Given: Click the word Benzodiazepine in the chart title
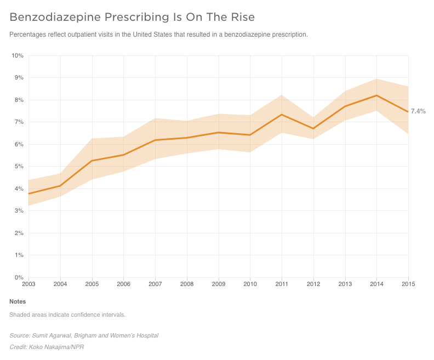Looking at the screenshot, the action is (55, 17).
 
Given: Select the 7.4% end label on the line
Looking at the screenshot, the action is (418, 111).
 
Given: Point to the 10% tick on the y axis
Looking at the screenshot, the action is (18, 56).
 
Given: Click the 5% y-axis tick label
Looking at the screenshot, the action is (19, 167).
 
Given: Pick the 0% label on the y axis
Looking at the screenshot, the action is (19, 277).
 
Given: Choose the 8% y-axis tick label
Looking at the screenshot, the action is (19, 100).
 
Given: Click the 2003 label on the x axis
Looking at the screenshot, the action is (29, 284).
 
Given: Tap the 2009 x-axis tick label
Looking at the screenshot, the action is (219, 284).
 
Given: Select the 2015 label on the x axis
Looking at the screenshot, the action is (408, 284).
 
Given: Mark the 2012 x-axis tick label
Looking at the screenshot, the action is (313, 284).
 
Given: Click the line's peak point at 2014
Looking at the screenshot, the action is (376, 95).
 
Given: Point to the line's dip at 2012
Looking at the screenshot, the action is (313, 129).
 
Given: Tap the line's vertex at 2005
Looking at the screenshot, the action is (92, 161).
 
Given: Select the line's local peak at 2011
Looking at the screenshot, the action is (282, 115).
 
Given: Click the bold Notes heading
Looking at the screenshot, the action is (18, 301).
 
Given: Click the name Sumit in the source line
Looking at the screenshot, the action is (38, 336).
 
